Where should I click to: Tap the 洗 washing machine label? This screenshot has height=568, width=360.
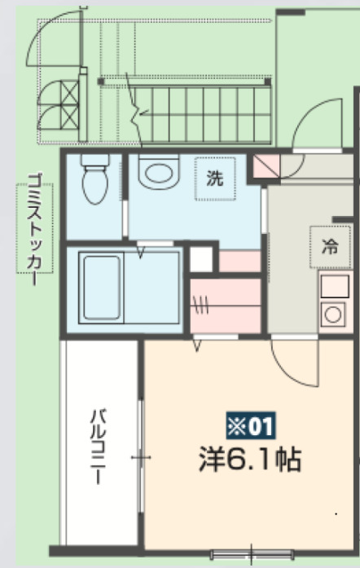(213, 180)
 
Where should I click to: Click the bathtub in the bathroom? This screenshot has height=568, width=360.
(99, 286)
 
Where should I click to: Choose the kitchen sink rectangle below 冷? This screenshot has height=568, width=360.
(334, 287)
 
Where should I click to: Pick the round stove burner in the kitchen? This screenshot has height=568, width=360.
(333, 313)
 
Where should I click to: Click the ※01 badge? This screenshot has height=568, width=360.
(251, 425)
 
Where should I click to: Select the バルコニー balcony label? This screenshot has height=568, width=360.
(98, 447)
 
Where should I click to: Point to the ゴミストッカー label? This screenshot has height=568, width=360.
(34, 228)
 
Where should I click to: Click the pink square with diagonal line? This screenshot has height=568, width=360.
(265, 166)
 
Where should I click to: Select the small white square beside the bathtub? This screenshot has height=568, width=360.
(201, 259)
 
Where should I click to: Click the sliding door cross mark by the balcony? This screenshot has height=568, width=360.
(142, 458)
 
